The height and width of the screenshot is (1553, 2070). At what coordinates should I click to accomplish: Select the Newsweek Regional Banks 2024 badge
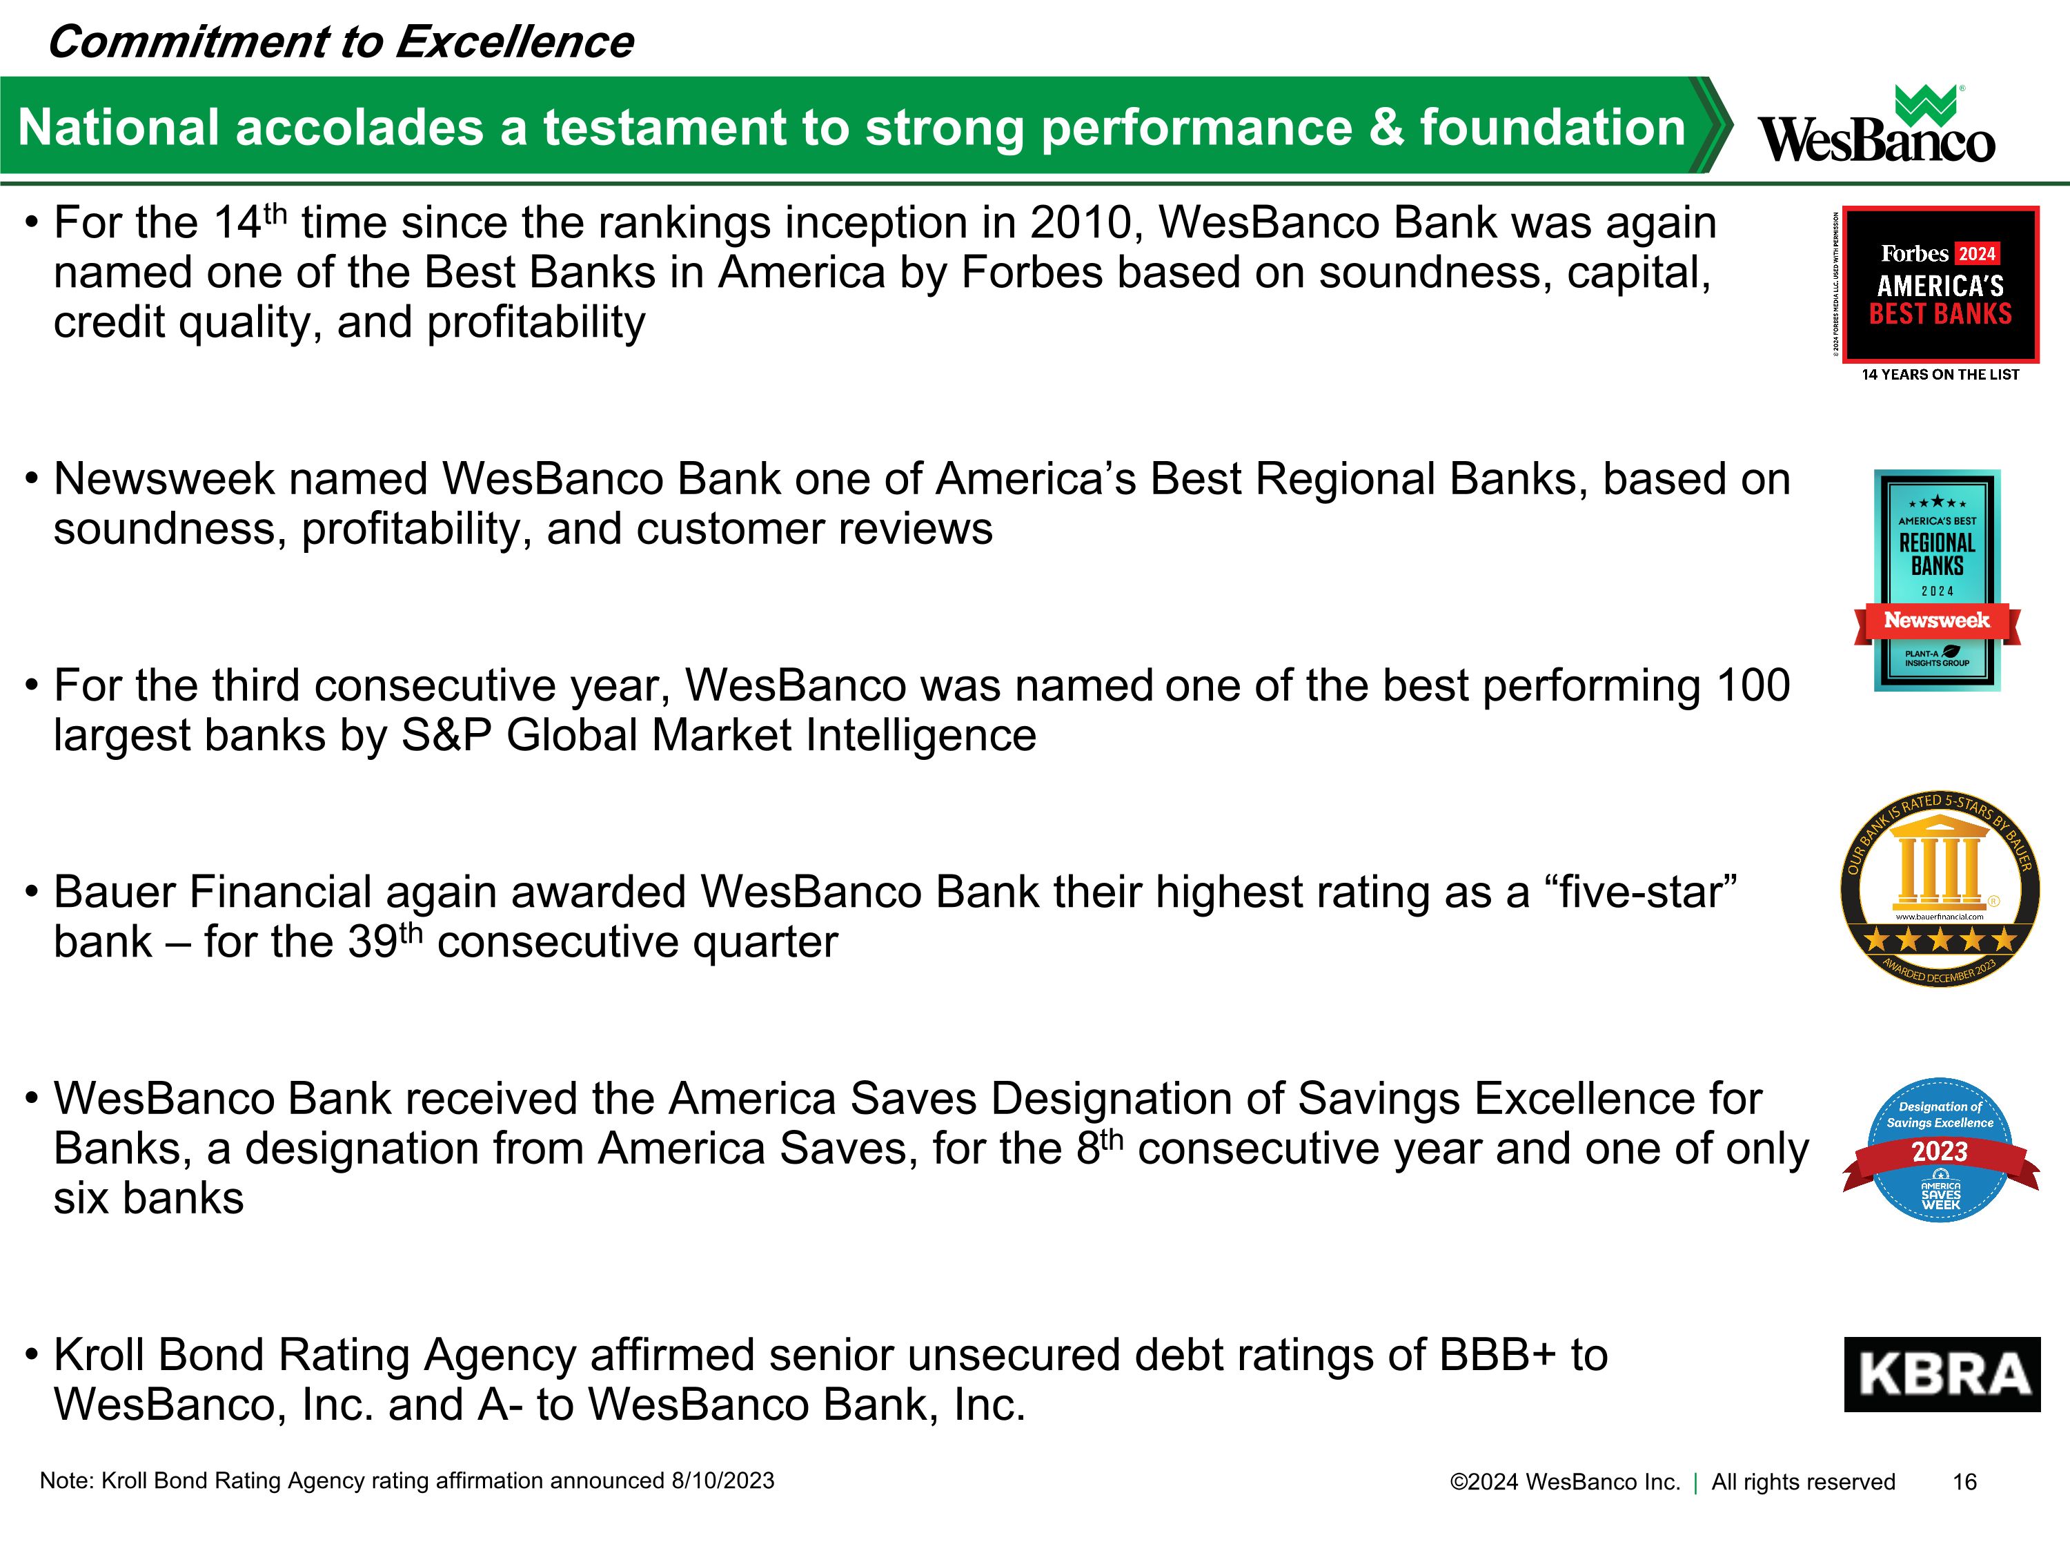pyautogui.click(x=1937, y=580)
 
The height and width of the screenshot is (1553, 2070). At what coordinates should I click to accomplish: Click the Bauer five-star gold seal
pyautogui.click(x=1940, y=888)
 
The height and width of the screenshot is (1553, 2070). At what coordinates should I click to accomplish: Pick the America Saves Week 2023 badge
pyautogui.click(x=1940, y=1149)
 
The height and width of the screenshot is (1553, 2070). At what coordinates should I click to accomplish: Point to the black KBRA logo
pyautogui.click(x=1942, y=1374)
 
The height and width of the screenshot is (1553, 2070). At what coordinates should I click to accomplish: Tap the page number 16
pyautogui.click(x=1964, y=1482)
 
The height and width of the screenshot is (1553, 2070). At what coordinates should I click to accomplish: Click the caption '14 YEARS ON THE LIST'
pyautogui.click(x=1940, y=374)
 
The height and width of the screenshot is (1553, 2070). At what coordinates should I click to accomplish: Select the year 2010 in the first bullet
pyautogui.click(x=1080, y=224)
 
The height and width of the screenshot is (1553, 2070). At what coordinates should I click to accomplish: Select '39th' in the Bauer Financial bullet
pyautogui.click(x=384, y=941)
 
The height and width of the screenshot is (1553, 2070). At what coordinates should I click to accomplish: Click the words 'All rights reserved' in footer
pyautogui.click(x=1803, y=1482)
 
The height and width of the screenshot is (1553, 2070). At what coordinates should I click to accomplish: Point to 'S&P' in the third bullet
pyautogui.click(x=446, y=736)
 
